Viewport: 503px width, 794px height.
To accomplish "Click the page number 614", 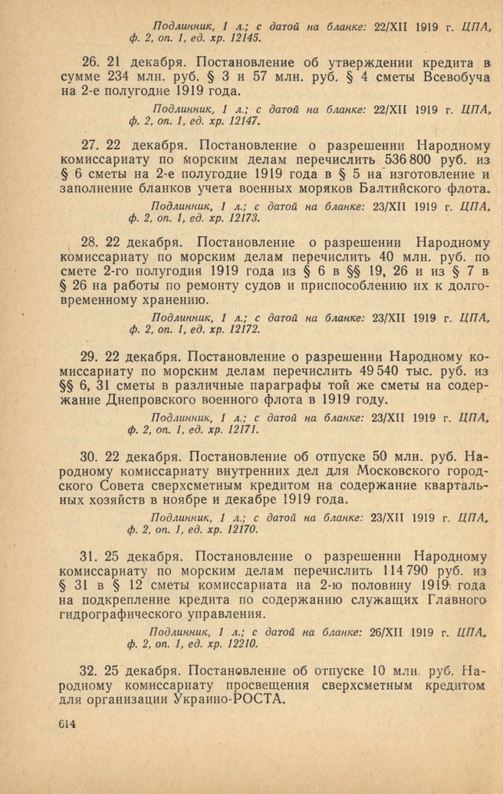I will tap(68, 726).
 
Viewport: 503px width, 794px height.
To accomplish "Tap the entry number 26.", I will tap(90, 61).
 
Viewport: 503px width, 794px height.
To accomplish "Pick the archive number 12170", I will tap(240, 529).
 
